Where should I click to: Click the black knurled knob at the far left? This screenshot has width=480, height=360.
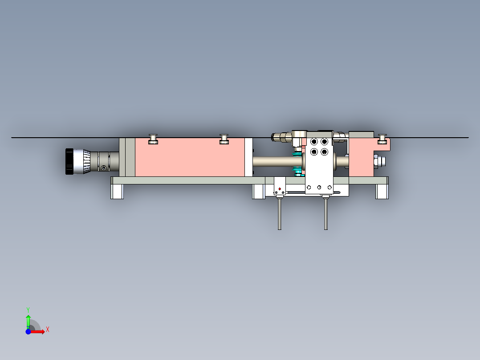(x=69, y=161)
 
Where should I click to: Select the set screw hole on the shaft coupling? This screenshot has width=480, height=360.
(x=104, y=168)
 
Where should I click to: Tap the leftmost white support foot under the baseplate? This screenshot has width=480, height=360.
(x=117, y=192)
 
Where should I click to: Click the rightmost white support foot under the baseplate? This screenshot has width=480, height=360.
(x=382, y=192)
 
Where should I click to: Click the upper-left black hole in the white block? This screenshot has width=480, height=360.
(x=314, y=142)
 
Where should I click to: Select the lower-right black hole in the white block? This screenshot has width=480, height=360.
(x=324, y=152)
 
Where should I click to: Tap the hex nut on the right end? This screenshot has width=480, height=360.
(x=376, y=161)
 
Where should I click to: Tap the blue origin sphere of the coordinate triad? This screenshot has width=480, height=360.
(x=28, y=332)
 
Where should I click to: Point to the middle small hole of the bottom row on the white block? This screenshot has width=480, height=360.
(x=320, y=187)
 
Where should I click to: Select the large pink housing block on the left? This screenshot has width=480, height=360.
(x=189, y=157)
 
